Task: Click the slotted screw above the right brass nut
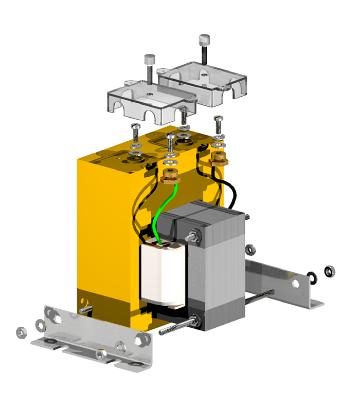(x=218, y=123)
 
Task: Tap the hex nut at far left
(x=21, y=332)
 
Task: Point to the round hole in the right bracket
(x=295, y=283)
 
